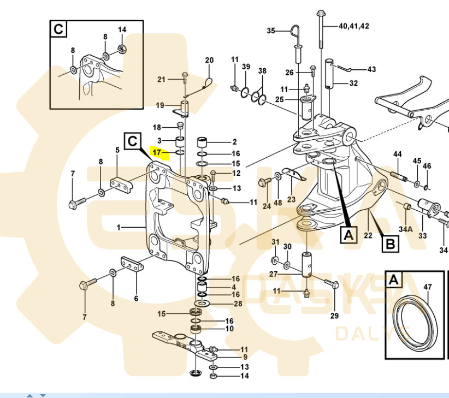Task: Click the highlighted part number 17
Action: click(x=157, y=152)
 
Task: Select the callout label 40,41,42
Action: click(x=353, y=26)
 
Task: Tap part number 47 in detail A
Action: click(x=427, y=287)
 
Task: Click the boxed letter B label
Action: click(x=389, y=243)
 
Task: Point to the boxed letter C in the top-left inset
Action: click(x=58, y=28)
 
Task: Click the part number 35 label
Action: click(x=271, y=31)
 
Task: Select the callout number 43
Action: click(x=371, y=69)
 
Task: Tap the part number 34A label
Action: click(x=405, y=229)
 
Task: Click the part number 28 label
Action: click(x=238, y=304)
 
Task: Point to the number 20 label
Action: click(x=209, y=60)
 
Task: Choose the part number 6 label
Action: click(x=136, y=298)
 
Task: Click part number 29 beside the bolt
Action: click(x=334, y=316)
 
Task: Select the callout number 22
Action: click(x=368, y=235)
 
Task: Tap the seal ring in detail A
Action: click(x=415, y=321)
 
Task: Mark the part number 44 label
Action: click(x=397, y=155)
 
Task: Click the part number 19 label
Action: click(x=160, y=105)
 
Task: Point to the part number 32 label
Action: click(x=353, y=84)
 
